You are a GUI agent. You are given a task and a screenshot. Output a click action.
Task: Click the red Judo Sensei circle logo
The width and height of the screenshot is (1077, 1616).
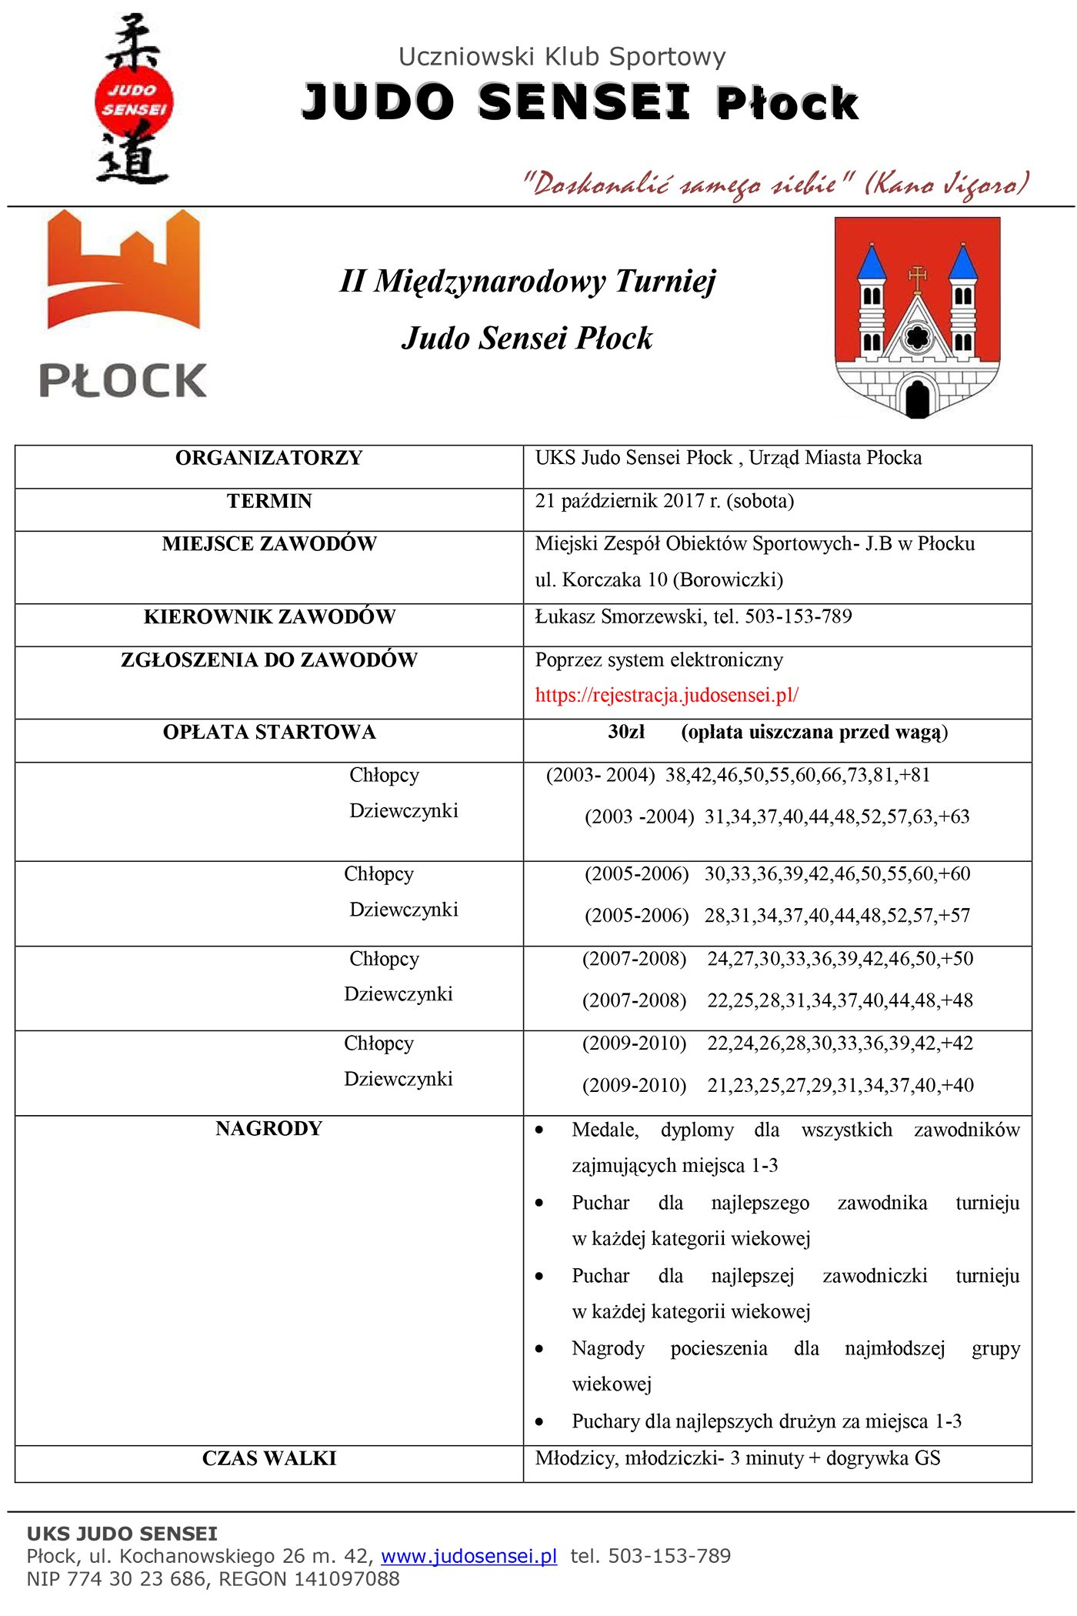click(134, 100)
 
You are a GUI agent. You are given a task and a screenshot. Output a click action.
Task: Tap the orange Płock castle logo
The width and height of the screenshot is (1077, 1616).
click(123, 304)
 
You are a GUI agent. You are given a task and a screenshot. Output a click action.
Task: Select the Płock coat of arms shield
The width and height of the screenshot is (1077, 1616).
click(917, 316)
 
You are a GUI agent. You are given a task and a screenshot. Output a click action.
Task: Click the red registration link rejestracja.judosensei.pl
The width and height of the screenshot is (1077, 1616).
click(666, 695)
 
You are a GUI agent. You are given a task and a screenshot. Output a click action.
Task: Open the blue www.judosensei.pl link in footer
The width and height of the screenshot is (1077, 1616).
click(468, 1556)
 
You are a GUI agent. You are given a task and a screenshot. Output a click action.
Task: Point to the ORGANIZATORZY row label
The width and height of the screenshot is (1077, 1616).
click(268, 458)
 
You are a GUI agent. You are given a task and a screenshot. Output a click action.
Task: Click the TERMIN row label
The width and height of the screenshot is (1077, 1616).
click(268, 501)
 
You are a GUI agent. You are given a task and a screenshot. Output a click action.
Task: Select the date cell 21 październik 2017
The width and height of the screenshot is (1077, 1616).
click(664, 501)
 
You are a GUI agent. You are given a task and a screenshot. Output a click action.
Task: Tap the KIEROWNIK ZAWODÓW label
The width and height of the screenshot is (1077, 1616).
click(268, 616)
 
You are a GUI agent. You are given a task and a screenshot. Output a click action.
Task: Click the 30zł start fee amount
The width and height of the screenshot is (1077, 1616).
click(626, 732)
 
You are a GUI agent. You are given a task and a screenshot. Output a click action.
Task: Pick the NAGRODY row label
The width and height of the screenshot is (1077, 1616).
click(268, 1128)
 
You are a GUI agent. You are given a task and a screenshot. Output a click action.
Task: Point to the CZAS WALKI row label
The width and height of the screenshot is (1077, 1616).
click(268, 1458)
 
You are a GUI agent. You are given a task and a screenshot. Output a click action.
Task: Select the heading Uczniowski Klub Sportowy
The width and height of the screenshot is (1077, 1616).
click(562, 56)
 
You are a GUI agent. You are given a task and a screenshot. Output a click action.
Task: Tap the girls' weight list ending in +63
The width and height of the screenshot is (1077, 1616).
click(836, 816)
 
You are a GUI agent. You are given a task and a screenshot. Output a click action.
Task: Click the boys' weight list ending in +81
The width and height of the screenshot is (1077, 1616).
click(797, 775)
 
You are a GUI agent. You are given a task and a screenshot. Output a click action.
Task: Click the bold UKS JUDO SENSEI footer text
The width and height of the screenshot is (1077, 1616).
click(122, 1534)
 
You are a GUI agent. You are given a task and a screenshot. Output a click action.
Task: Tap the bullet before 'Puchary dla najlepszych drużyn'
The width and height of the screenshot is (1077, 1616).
click(539, 1422)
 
